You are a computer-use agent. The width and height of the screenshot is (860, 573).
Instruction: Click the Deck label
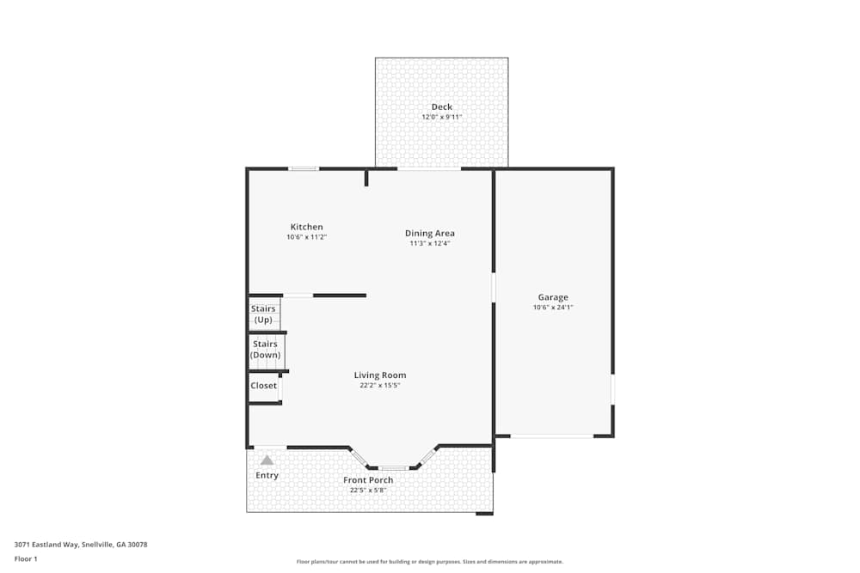(x=442, y=107)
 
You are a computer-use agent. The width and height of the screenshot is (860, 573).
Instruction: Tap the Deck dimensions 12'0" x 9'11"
(x=442, y=117)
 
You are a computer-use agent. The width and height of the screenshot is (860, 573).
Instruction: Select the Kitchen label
(x=307, y=228)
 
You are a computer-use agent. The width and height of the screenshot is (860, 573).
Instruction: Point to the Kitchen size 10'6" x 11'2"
(x=307, y=237)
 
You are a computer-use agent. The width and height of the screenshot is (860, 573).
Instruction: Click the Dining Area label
(x=430, y=234)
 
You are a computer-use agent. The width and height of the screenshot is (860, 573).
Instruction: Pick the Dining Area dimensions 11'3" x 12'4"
(x=430, y=243)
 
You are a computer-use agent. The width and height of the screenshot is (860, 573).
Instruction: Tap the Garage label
(x=553, y=298)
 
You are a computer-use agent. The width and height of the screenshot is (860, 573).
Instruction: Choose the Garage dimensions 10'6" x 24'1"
(x=553, y=308)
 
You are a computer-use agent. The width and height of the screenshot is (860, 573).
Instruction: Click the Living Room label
(x=380, y=375)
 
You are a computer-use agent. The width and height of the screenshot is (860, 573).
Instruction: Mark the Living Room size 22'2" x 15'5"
(x=380, y=386)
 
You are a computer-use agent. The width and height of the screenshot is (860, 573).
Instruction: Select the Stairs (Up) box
(x=263, y=314)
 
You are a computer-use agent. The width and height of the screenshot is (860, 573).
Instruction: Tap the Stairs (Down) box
(x=265, y=350)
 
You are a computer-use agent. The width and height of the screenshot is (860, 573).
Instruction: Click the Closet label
(x=264, y=386)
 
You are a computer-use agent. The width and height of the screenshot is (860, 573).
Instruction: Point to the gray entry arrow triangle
(x=267, y=460)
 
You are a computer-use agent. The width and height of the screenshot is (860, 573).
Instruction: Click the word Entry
(x=267, y=476)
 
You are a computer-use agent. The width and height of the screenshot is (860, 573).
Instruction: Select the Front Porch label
(x=368, y=480)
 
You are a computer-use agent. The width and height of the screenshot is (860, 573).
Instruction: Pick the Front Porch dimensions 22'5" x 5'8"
(x=368, y=491)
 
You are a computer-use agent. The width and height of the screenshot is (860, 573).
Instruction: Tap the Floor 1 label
(x=26, y=559)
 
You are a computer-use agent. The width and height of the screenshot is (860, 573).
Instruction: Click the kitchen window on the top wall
(x=304, y=169)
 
